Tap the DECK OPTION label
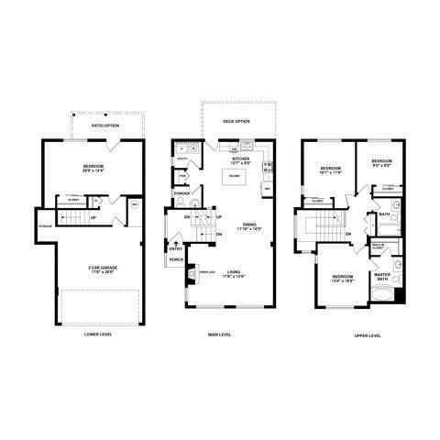pyautogui.click(x=236, y=120)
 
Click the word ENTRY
pyautogui.click(x=175, y=248)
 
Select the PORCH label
pyautogui.click(x=177, y=259)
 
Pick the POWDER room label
pyautogui.click(x=182, y=193)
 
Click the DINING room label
pyautogui.click(x=249, y=225)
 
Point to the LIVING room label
pyautogui.click(x=236, y=273)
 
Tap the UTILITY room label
pyautogui.click(x=182, y=161)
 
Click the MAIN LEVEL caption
pyautogui.click(x=221, y=335)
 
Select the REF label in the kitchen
pyautogui.click(x=267, y=188)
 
